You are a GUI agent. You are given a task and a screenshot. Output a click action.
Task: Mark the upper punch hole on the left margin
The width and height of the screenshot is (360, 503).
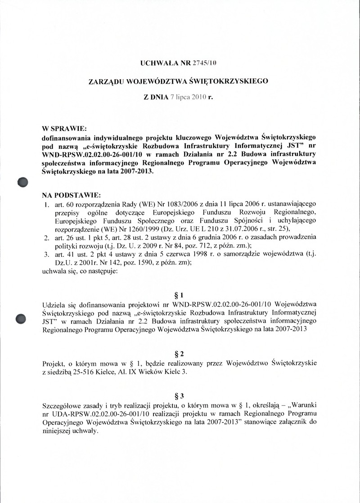22,182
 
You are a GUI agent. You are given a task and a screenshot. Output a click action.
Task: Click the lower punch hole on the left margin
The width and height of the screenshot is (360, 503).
22,318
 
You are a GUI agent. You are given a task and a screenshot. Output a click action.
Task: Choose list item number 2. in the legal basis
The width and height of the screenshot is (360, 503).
46,237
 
